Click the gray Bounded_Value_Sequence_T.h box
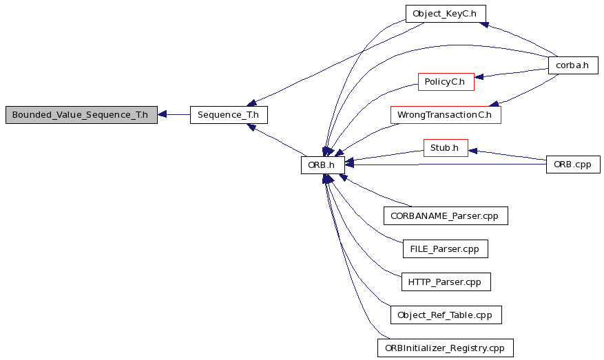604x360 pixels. coord(81,115)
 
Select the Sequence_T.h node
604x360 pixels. coord(229,115)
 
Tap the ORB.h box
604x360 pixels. coord(323,165)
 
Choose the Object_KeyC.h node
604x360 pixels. coord(446,14)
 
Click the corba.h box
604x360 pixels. coord(573,65)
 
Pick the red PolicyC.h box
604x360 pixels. coord(446,82)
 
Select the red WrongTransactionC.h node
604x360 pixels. coord(446,115)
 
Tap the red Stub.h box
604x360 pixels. coord(446,148)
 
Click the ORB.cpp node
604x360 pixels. coord(573,165)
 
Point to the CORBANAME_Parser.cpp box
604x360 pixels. coord(446,215)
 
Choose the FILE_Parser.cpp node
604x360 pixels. coord(446,248)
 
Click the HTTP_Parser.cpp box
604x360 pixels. coord(446,282)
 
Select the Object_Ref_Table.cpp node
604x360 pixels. coord(446,315)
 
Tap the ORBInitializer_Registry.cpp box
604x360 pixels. coord(446,348)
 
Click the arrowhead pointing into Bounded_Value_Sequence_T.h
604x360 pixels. coord(162,114)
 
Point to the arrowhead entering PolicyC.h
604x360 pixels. coord(479,77)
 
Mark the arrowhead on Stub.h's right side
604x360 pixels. coord(472,151)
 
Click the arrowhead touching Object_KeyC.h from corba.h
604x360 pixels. coord(483,24)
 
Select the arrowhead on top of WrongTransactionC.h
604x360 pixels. coord(494,103)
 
